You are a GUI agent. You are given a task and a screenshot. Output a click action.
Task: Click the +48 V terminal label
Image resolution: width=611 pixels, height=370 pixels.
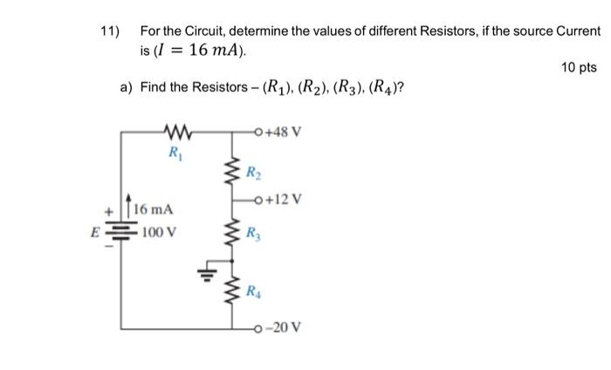(x=285, y=133)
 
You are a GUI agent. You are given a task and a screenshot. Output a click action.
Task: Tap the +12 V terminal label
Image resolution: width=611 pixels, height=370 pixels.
(x=285, y=198)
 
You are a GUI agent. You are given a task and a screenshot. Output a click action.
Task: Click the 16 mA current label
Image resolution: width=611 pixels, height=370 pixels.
(x=154, y=210)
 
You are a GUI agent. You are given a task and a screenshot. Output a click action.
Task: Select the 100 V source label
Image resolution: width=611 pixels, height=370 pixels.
(x=157, y=233)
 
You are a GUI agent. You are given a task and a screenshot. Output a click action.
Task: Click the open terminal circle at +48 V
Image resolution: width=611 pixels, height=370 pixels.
(x=259, y=133)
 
